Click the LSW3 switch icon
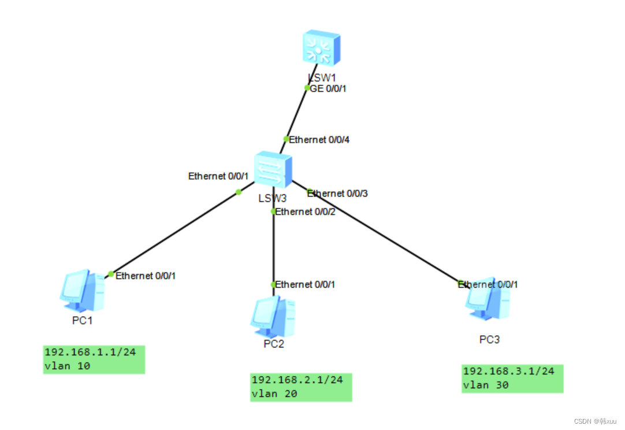tap(274, 169)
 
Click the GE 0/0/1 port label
tap(328, 88)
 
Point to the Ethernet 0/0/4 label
tap(319, 139)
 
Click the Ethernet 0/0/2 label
tap(306, 212)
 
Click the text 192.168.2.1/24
tap(297, 380)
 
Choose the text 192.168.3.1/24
tap(508, 370)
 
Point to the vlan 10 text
tap(67, 366)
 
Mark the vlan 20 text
tap(274, 394)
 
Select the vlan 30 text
tap(486, 384)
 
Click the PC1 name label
tap(83, 320)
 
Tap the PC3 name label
tap(489, 339)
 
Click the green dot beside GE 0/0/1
tap(307, 88)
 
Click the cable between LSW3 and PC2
tap(273, 249)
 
